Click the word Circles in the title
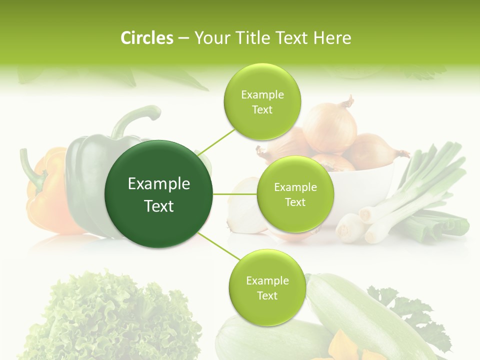[146, 38]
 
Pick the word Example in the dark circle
[159, 184]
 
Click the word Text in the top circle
[262, 109]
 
